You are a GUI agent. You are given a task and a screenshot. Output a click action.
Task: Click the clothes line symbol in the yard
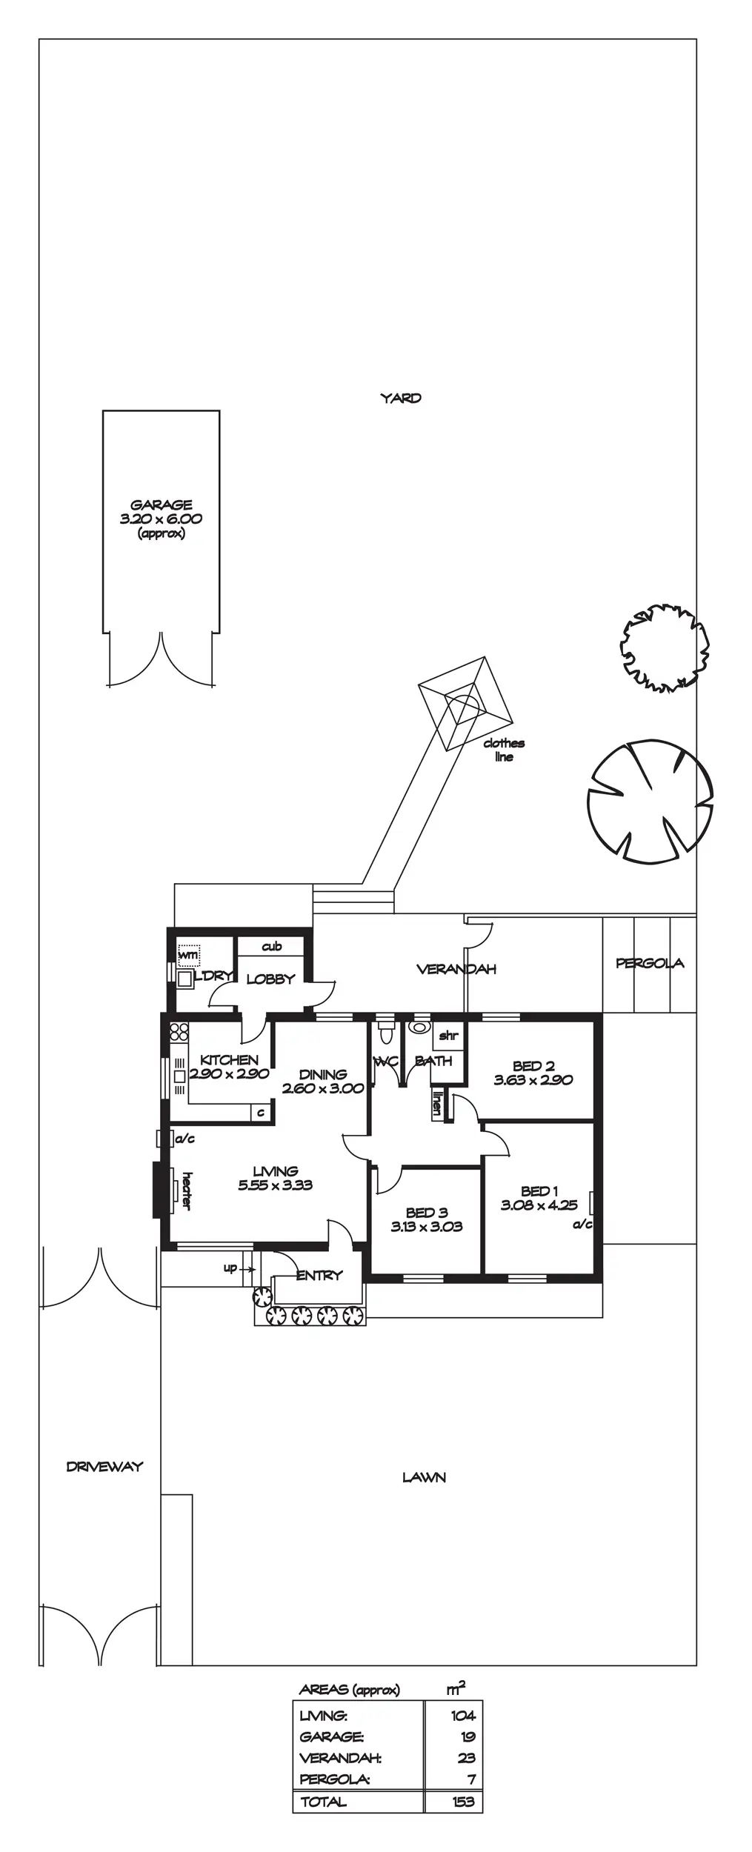coord(465,704)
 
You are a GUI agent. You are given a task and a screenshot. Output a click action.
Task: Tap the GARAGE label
coord(162,505)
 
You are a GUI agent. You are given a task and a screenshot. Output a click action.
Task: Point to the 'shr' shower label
coord(448,1036)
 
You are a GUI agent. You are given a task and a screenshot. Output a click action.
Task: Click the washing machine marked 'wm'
coord(189,954)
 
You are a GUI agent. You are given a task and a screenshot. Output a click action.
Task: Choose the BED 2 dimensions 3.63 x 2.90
coord(533,1080)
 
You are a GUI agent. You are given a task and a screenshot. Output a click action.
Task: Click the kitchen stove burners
coord(179,1032)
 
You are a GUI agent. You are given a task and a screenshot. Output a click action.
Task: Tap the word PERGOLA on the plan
coord(650,963)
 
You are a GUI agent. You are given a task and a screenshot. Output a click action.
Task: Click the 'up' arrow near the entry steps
coord(239,1269)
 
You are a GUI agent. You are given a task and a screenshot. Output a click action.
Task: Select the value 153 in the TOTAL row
coord(464,1802)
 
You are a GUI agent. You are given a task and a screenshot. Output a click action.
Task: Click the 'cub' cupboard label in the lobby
coord(272,947)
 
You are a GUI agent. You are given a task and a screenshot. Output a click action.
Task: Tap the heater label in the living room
coord(187,1191)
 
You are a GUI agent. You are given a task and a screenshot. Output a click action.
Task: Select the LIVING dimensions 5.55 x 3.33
coord(276,1185)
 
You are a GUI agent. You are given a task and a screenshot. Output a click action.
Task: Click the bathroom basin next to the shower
coord(420,1028)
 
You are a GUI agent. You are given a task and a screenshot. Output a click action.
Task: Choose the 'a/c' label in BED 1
coord(583,1225)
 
